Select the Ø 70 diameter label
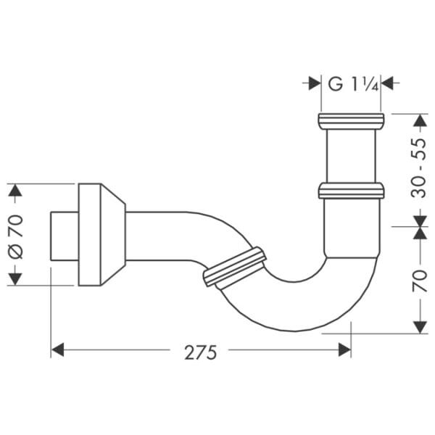pyautogui.click(x=16, y=235)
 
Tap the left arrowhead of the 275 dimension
pyautogui.click(x=57, y=350)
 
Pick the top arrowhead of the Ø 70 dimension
pyautogui.click(x=16, y=191)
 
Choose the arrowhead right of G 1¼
pyautogui.click(x=387, y=83)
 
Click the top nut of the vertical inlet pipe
pyautogui.click(x=351, y=120)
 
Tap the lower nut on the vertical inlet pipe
pyautogui.click(x=351, y=191)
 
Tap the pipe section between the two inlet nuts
pyautogui.click(x=351, y=155)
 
